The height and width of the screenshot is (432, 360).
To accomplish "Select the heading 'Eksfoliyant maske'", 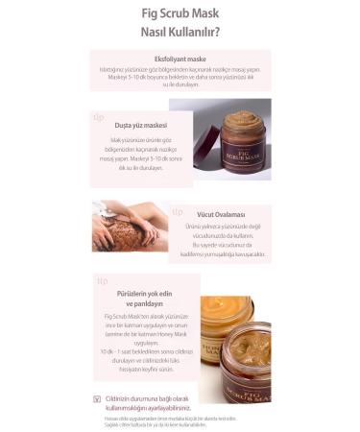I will click(x=179, y=58).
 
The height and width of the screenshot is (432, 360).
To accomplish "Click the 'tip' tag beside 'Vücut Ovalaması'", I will click(x=178, y=211).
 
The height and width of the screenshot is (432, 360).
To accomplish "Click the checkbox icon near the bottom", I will click(x=97, y=398).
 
